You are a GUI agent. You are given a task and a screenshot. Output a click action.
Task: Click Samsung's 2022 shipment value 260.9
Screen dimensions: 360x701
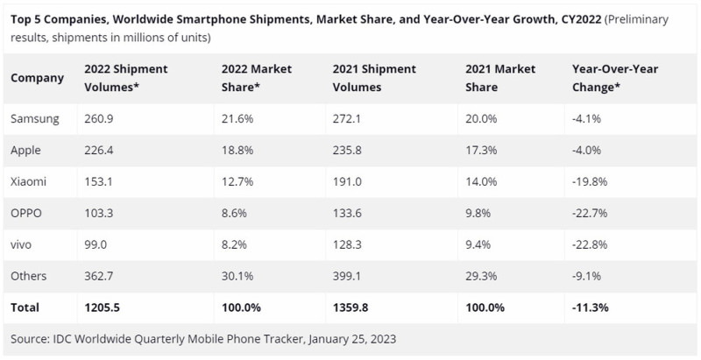pos(98,116)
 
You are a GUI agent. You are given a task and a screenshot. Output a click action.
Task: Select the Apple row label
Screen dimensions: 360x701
pos(26,149)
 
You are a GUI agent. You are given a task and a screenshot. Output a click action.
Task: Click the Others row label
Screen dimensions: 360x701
pos(29,276)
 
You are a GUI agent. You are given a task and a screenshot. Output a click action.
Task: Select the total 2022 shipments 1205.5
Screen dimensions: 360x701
pos(102,307)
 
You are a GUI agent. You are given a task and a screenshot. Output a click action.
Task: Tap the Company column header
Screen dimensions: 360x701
pos(38,77)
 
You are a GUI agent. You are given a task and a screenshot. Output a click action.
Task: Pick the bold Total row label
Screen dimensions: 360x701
pos(25,307)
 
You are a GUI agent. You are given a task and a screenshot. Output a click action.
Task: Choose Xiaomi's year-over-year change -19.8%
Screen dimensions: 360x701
pos(589,180)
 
